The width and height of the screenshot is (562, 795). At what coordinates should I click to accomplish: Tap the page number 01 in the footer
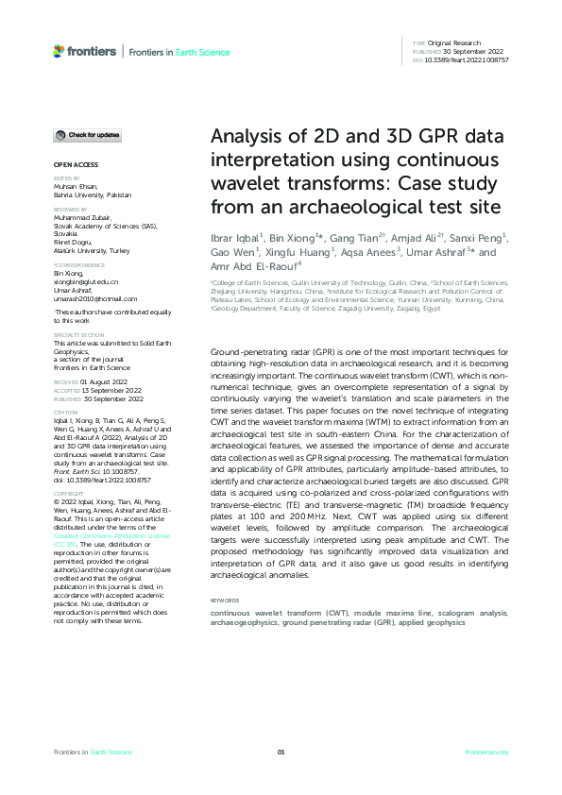pos(281,752)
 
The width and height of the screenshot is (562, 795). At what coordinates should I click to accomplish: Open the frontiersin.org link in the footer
pos(487,752)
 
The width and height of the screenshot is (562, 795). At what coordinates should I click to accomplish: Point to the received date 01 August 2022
pos(97,381)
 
